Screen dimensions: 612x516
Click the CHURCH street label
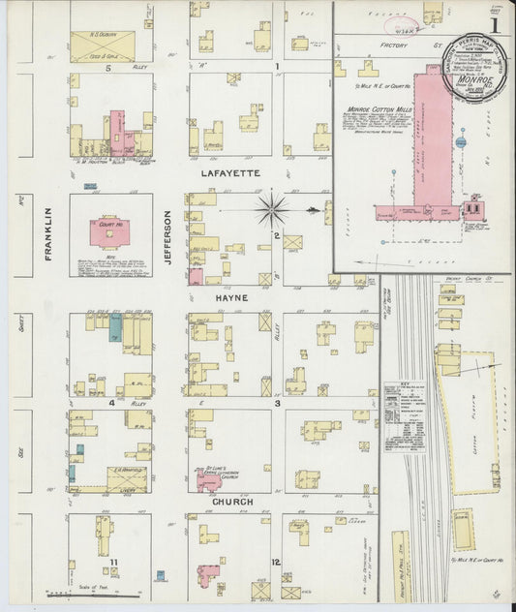232,502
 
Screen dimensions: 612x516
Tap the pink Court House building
110,231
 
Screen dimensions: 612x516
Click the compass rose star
273,208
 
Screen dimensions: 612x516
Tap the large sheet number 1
495,25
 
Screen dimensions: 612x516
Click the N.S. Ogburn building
103,45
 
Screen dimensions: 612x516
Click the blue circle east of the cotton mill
461,141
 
